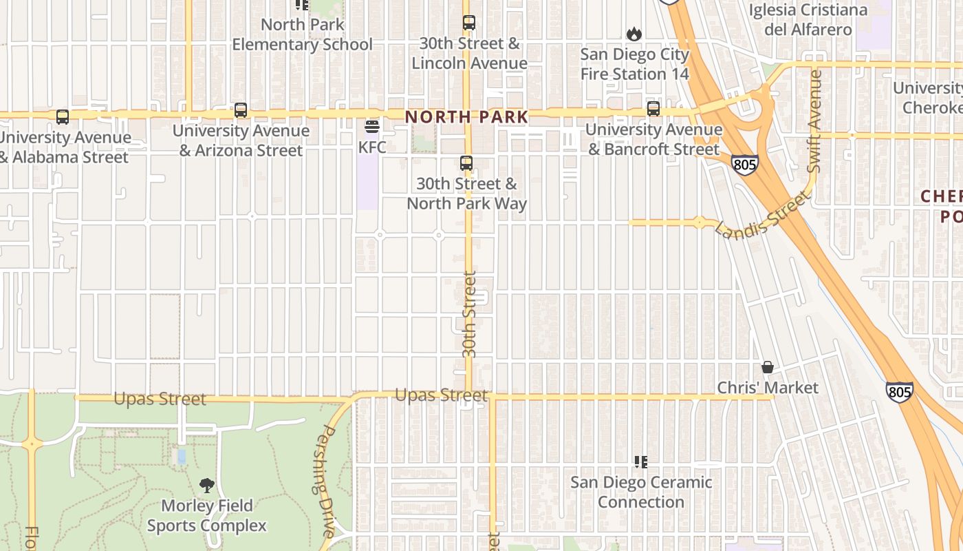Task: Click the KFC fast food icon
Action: (x=372, y=127)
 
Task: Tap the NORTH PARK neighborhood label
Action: (x=466, y=117)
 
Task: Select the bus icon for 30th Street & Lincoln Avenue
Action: (x=469, y=23)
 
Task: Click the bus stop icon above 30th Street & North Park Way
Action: (x=466, y=163)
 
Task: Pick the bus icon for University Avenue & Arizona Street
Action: (x=241, y=110)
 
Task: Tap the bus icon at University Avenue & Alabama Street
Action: (x=63, y=117)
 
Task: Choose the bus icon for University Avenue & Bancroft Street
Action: (x=653, y=109)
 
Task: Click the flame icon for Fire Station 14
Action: (x=634, y=34)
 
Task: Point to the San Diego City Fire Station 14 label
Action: (x=634, y=64)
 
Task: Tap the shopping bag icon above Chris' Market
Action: (x=768, y=367)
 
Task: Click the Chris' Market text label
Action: (x=768, y=388)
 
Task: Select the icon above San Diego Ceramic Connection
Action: (x=641, y=461)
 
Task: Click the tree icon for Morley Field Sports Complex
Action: (x=206, y=486)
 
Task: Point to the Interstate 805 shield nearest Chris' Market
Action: (x=899, y=392)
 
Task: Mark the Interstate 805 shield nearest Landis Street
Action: (x=745, y=165)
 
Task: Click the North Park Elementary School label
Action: (x=302, y=34)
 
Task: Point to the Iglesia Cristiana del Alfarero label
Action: (x=808, y=20)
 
